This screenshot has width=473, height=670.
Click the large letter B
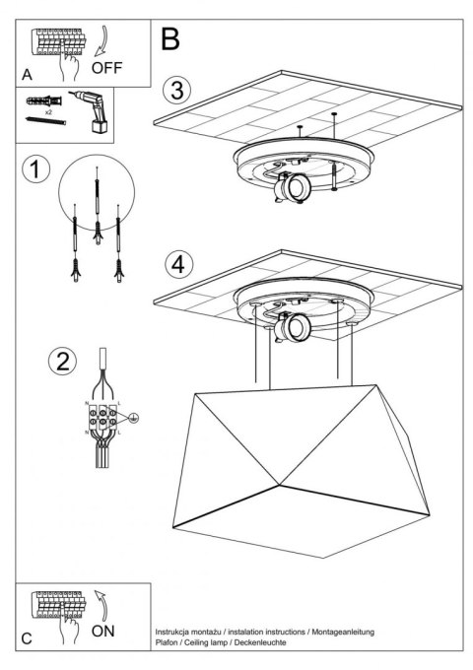click(x=169, y=38)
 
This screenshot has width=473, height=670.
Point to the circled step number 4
click(x=176, y=265)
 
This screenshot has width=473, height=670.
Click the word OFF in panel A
click(x=108, y=69)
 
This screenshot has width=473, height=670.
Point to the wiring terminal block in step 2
click(x=101, y=420)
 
